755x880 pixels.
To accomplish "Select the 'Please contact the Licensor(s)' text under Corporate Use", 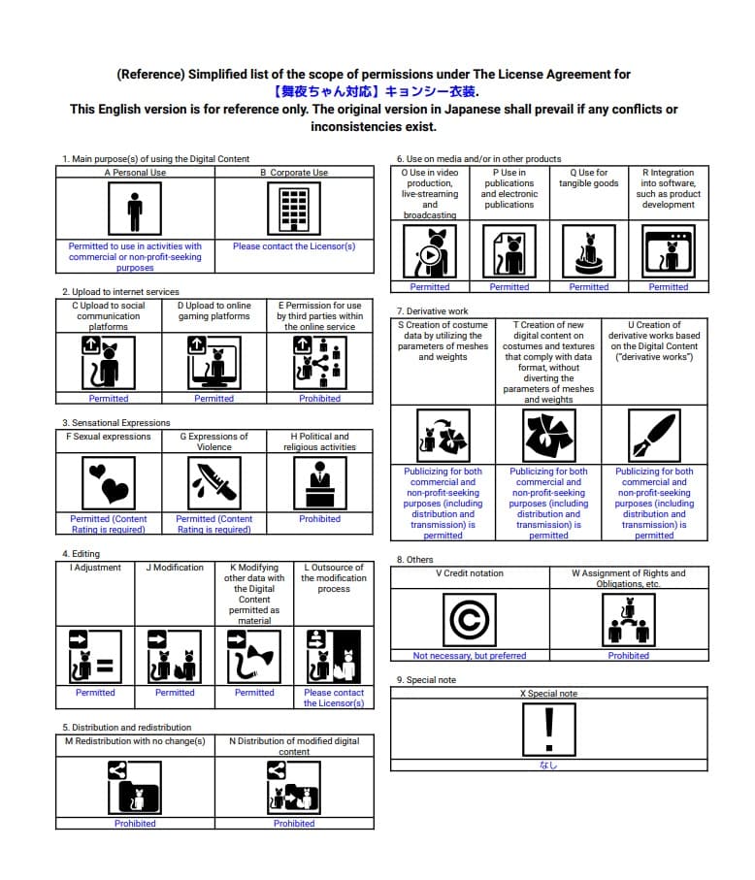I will (294, 246).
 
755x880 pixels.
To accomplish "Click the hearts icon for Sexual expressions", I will (109, 483).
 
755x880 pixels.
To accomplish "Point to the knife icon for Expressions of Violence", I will (213, 483).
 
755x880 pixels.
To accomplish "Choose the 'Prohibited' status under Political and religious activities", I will (319, 519).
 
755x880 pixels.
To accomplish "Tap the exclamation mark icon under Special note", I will (549, 728).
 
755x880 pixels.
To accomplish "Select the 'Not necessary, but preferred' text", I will (470, 656).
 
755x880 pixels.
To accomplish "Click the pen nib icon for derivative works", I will (654, 436).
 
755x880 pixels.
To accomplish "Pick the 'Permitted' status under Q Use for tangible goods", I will (589, 287).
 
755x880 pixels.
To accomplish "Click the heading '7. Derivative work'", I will (432, 311).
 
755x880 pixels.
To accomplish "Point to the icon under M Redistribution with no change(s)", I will (135, 786).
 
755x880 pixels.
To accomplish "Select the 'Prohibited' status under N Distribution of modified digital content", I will (294, 824).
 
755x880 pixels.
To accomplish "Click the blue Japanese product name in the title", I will (376, 92).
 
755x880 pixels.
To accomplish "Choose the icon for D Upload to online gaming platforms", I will (213, 362).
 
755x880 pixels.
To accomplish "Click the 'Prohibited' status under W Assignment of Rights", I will (629, 656).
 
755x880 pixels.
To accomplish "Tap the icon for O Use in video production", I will (430, 251).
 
